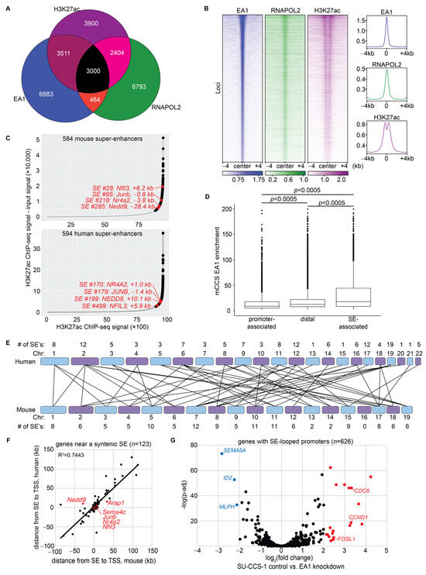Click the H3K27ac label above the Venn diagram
click(x=69, y=7)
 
